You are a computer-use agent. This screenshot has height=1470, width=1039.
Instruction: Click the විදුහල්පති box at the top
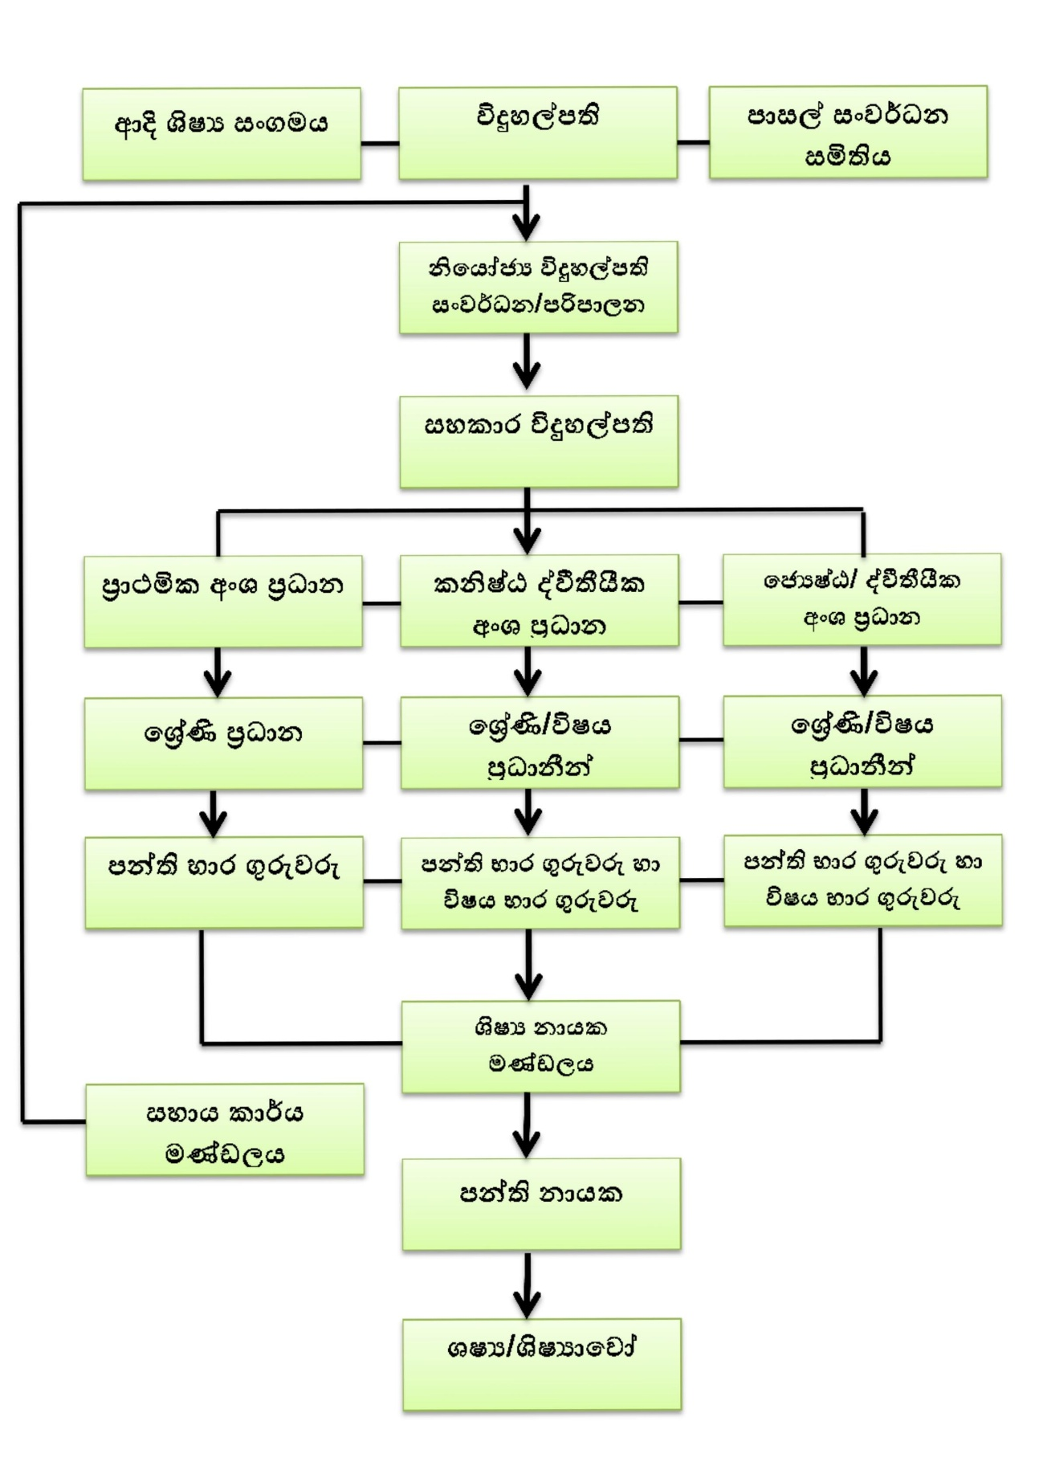click(x=537, y=133)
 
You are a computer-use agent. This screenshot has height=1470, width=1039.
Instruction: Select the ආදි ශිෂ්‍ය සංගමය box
click(x=221, y=134)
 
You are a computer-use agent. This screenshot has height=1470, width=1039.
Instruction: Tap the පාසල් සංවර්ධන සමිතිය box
click(x=847, y=133)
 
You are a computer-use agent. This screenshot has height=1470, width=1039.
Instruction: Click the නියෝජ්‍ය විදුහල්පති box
click(x=538, y=287)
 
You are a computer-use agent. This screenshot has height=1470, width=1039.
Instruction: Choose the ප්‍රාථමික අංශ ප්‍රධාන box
click(x=222, y=601)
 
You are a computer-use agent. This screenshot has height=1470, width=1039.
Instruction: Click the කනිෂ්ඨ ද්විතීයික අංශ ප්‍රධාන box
click(x=538, y=601)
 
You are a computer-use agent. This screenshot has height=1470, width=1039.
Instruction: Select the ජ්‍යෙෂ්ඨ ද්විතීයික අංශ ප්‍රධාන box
click(x=862, y=599)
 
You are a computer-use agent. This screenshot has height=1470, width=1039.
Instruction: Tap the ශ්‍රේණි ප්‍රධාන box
click(x=223, y=743)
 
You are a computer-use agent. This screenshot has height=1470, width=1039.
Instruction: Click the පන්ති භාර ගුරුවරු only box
click(x=223, y=882)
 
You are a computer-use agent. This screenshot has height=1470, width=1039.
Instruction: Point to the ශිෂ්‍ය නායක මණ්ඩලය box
click(x=540, y=1046)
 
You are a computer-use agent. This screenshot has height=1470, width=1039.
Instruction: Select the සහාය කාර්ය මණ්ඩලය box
click(x=224, y=1129)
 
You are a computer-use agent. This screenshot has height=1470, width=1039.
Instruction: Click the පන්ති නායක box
click(x=540, y=1203)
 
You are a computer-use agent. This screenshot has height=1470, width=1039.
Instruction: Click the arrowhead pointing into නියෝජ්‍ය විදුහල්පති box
click(x=527, y=227)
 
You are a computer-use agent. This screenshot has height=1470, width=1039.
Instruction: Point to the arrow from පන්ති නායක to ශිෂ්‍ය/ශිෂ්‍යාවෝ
click(x=527, y=1285)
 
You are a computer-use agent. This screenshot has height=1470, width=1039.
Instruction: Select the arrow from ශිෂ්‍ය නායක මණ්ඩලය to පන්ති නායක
click(x=527, y=1125)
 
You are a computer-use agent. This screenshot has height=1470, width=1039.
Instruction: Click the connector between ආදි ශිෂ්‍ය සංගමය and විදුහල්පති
click(x=379, y=144)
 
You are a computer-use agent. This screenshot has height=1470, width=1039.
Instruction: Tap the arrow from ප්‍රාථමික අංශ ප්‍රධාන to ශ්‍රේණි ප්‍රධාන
click(x=218, y=672)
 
